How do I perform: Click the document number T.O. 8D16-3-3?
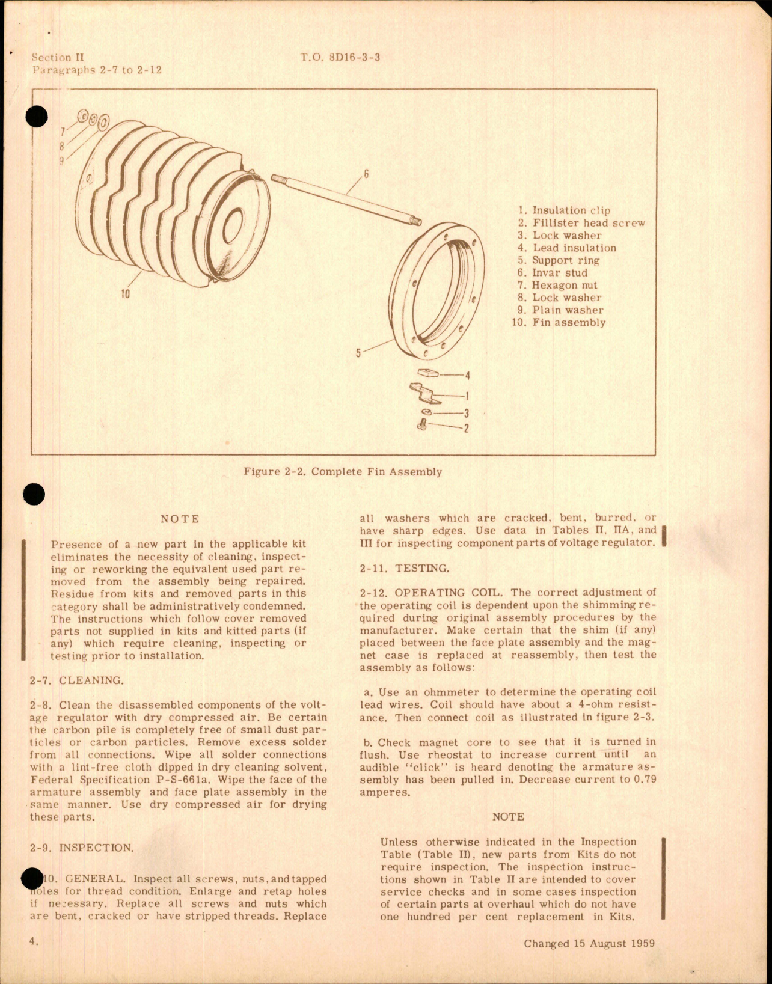tap(340, 58)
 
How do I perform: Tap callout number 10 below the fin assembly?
tap(125, 295)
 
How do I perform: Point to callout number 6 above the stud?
tap(366, 175)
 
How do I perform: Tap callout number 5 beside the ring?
tap(358, 353)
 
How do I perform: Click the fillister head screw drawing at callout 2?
tap(422, 426)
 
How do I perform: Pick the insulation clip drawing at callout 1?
tap(425, 394)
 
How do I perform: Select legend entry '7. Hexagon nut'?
tap(557, 286)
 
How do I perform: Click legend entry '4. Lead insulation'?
tap(566, 248)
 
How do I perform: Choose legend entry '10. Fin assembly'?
tap(559, 323)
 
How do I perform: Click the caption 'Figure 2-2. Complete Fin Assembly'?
tap(343, 472)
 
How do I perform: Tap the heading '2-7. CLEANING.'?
tap(76, 680)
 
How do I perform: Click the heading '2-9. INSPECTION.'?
tap(82, 848)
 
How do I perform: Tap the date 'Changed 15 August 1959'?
tap(589, 943)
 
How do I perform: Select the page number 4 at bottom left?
tap(34, 941)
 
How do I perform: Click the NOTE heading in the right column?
tap(508, 817)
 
